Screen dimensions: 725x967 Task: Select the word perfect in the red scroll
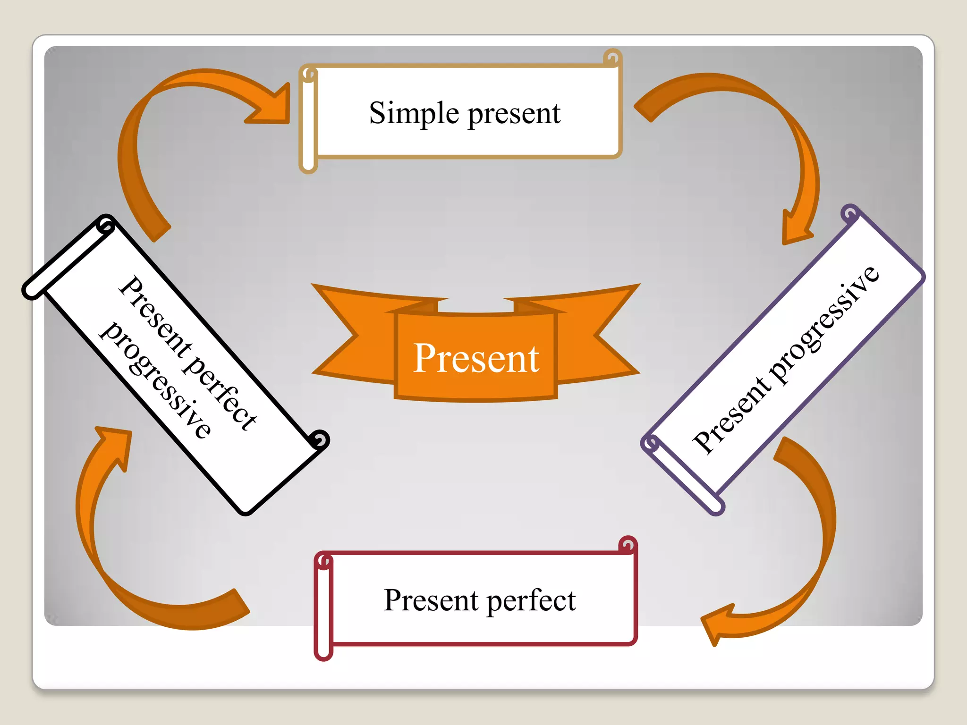531,601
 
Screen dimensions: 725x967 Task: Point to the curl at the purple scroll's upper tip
850,214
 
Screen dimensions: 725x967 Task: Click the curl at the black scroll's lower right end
320,440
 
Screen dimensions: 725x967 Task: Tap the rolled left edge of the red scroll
324,609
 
